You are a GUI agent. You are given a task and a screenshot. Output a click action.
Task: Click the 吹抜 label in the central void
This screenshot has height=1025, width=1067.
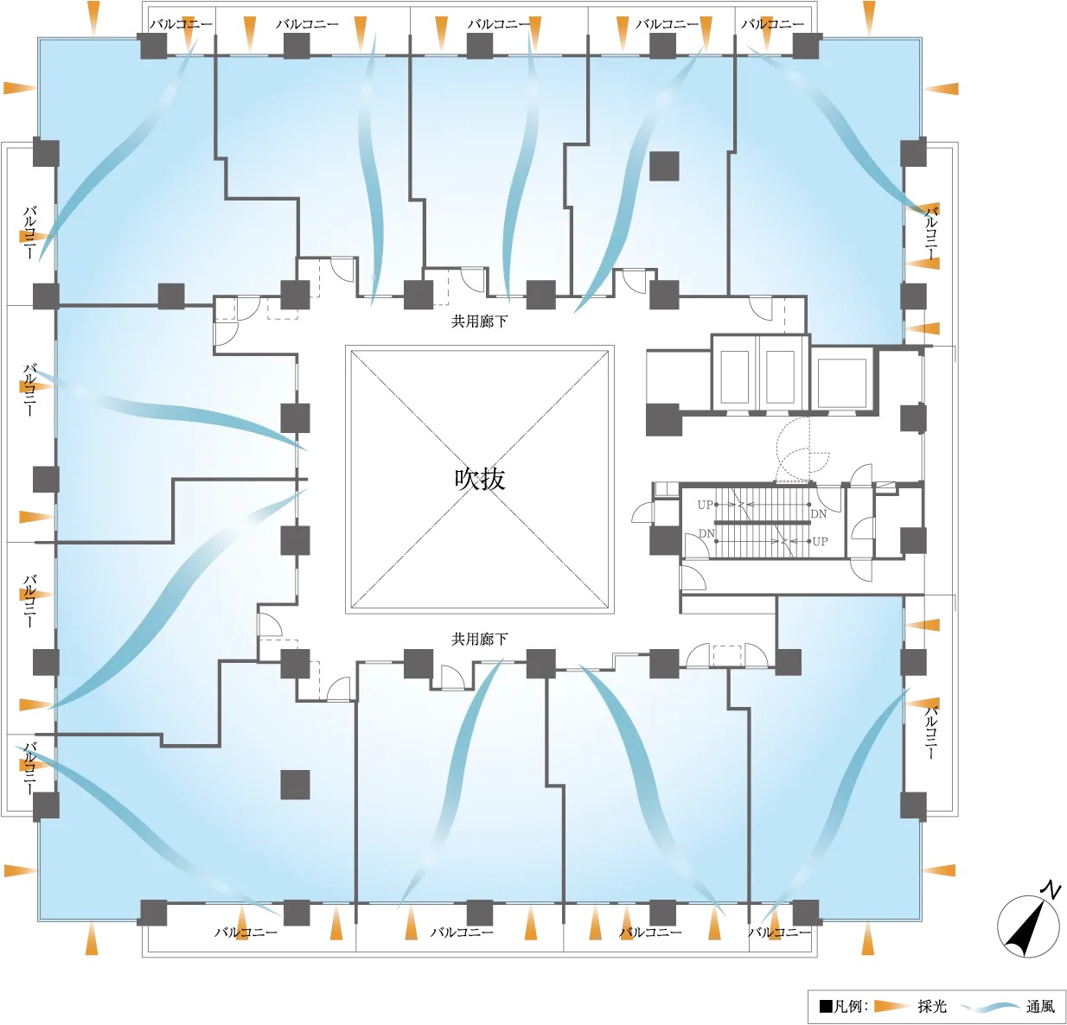pos(479,479)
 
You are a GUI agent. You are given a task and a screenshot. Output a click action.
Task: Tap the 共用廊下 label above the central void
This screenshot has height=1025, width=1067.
pos(479,322)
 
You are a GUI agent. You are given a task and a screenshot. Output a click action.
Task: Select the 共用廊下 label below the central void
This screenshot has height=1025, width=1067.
pos(479,639)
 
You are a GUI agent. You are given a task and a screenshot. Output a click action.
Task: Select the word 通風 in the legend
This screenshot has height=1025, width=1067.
pos(1040,1006)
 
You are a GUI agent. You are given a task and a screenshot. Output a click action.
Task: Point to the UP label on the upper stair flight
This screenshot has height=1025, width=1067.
pos(705,505)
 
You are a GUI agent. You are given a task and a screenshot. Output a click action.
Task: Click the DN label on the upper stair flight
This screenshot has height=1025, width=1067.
pos(818,514)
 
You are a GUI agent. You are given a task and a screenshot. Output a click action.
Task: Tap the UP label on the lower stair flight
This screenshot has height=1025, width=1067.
pos(820,542)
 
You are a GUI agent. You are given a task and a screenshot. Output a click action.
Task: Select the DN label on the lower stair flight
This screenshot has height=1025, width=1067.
pos(706,533)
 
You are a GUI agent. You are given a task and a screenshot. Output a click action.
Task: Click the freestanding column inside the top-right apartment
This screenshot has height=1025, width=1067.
pos(664,166)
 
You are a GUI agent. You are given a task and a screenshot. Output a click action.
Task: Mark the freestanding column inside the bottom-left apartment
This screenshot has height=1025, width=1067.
pos(295,785)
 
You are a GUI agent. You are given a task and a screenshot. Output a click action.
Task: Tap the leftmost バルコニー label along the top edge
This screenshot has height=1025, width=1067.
pos(181,24)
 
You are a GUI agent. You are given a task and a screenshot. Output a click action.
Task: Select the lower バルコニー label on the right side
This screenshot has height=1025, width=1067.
pos(931,732)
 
